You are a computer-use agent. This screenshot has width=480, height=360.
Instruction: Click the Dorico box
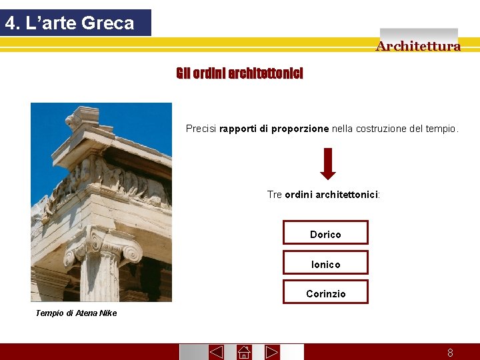coord(325,234)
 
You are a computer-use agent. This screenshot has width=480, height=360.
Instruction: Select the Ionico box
coord(325,264)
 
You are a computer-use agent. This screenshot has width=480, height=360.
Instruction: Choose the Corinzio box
coord(325,293)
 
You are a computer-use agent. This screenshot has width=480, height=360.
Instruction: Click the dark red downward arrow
coord(327,163)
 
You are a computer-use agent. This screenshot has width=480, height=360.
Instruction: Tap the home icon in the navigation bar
coord(244,352)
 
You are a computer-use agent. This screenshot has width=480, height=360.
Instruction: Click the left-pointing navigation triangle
coord(216,352)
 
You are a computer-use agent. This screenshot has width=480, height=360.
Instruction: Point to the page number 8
coord(450,353)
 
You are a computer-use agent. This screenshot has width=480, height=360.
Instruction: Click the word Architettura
coord(418,46)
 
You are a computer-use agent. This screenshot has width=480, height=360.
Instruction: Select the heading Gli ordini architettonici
coord(239,73)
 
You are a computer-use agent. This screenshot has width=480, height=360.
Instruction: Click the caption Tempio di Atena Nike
coord(76,313)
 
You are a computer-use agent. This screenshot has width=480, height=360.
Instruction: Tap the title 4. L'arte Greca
coord(69,23)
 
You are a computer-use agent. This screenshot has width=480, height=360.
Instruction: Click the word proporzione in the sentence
coord(299,129)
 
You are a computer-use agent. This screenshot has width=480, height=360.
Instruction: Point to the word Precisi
coord(201,129)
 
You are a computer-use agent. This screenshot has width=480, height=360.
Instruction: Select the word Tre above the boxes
coord(274,195)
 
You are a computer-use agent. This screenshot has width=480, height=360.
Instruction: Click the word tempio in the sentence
coord(441,129)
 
